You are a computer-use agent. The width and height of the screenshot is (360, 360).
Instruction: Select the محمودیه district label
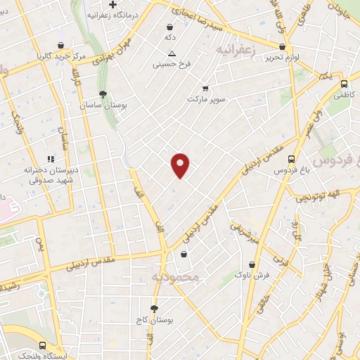click(x=176, y=278)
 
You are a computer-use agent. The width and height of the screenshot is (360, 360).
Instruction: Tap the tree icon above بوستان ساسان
click(x=103, y=94)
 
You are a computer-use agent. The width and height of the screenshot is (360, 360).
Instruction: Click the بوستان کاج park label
click(x=155, y=321)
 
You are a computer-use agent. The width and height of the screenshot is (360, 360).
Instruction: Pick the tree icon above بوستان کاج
click(x=155, y=309)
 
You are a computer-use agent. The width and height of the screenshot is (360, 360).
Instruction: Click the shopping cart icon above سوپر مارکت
click(x=205, y=89)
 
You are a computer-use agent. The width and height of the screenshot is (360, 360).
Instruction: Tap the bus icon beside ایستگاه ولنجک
click(x=43, y=346)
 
